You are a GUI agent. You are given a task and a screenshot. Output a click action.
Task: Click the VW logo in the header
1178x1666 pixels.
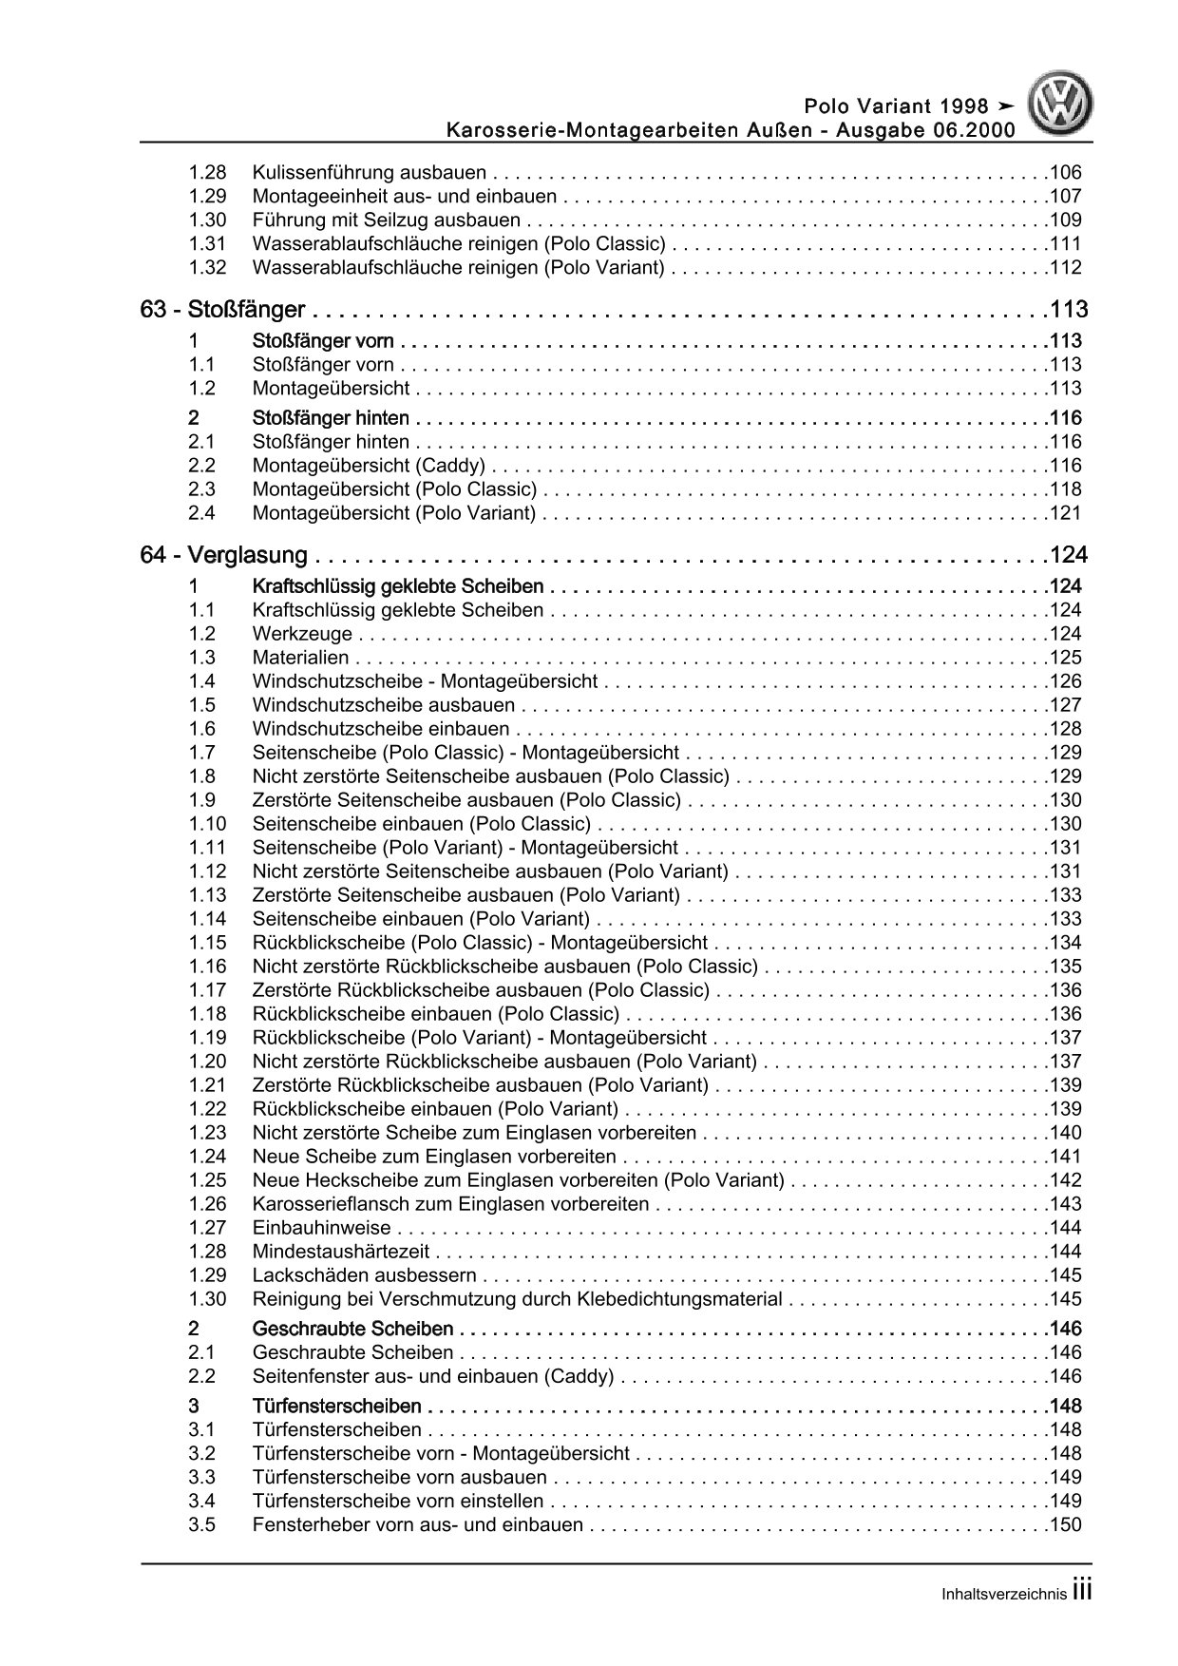pyautogui.click(x=1062, y=105)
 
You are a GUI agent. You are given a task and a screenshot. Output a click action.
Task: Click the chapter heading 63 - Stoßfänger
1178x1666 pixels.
pyautogui.click(x=222, y=310)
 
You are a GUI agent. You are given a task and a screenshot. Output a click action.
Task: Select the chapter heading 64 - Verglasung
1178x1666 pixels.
pyautogui.click(x=223, y=555)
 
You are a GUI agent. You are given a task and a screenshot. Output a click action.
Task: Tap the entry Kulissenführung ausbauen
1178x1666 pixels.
pyautogui.click(x=370, y=173)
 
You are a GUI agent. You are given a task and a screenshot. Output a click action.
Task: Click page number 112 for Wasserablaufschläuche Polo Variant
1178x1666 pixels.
pyautogui.click(x=1065, y=268)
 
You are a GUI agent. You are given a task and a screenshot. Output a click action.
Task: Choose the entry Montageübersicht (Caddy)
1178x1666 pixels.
pyautogui.click(x=369, y=466)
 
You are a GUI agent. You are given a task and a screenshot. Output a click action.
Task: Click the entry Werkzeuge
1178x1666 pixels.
pyautogui.click(x=302, y=634)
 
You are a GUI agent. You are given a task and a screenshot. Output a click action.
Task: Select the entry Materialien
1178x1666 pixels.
pyautogui.click(x=300, y=658)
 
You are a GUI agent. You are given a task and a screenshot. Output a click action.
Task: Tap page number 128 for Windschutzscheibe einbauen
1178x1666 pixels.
pyautogui.click(x=1065, y=729)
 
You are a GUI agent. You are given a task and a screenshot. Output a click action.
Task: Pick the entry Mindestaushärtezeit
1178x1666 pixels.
pyautogui.click(x=341, y=1252)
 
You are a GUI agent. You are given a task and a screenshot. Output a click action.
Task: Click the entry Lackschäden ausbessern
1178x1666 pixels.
pyautogui.click(x=365, y=1275)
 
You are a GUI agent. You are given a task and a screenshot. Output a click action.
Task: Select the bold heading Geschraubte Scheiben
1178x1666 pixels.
pyautogui.click(x=352, y=1329)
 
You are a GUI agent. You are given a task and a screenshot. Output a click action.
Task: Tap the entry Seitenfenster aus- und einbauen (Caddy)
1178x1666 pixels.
pyautogui.click(x=433, y=1376)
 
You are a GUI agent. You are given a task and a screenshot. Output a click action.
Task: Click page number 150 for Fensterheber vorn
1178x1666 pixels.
pyautogui.click(x=1065, y=1525)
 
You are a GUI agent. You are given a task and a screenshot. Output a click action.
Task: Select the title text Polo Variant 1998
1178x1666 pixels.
pyautogui.click(x=896, y=105)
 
